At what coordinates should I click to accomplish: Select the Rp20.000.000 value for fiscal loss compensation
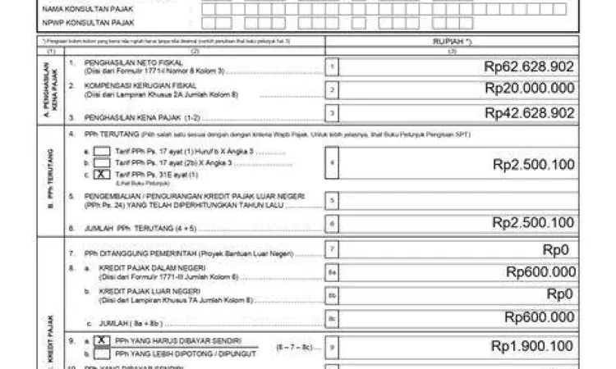click(x=529, y=89)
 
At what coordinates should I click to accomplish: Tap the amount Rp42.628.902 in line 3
click(x=529, y=112)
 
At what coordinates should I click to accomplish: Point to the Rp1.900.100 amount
click(x=532, y=347)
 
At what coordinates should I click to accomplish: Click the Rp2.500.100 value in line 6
click(x=533, y=222)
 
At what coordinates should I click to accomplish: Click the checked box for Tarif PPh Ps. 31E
click(x=102, y=175)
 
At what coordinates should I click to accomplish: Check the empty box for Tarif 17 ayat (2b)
click(x=102, y=163)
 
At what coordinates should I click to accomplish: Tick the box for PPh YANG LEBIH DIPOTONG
click(x=100, y=353)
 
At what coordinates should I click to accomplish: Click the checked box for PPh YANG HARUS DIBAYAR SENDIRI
click(x=100, y=339)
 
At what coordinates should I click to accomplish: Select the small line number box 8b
click(x=332, y=294)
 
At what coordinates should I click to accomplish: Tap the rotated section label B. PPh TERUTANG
click(x=51, y=180)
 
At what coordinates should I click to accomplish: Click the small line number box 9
click(x=332, y=347)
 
